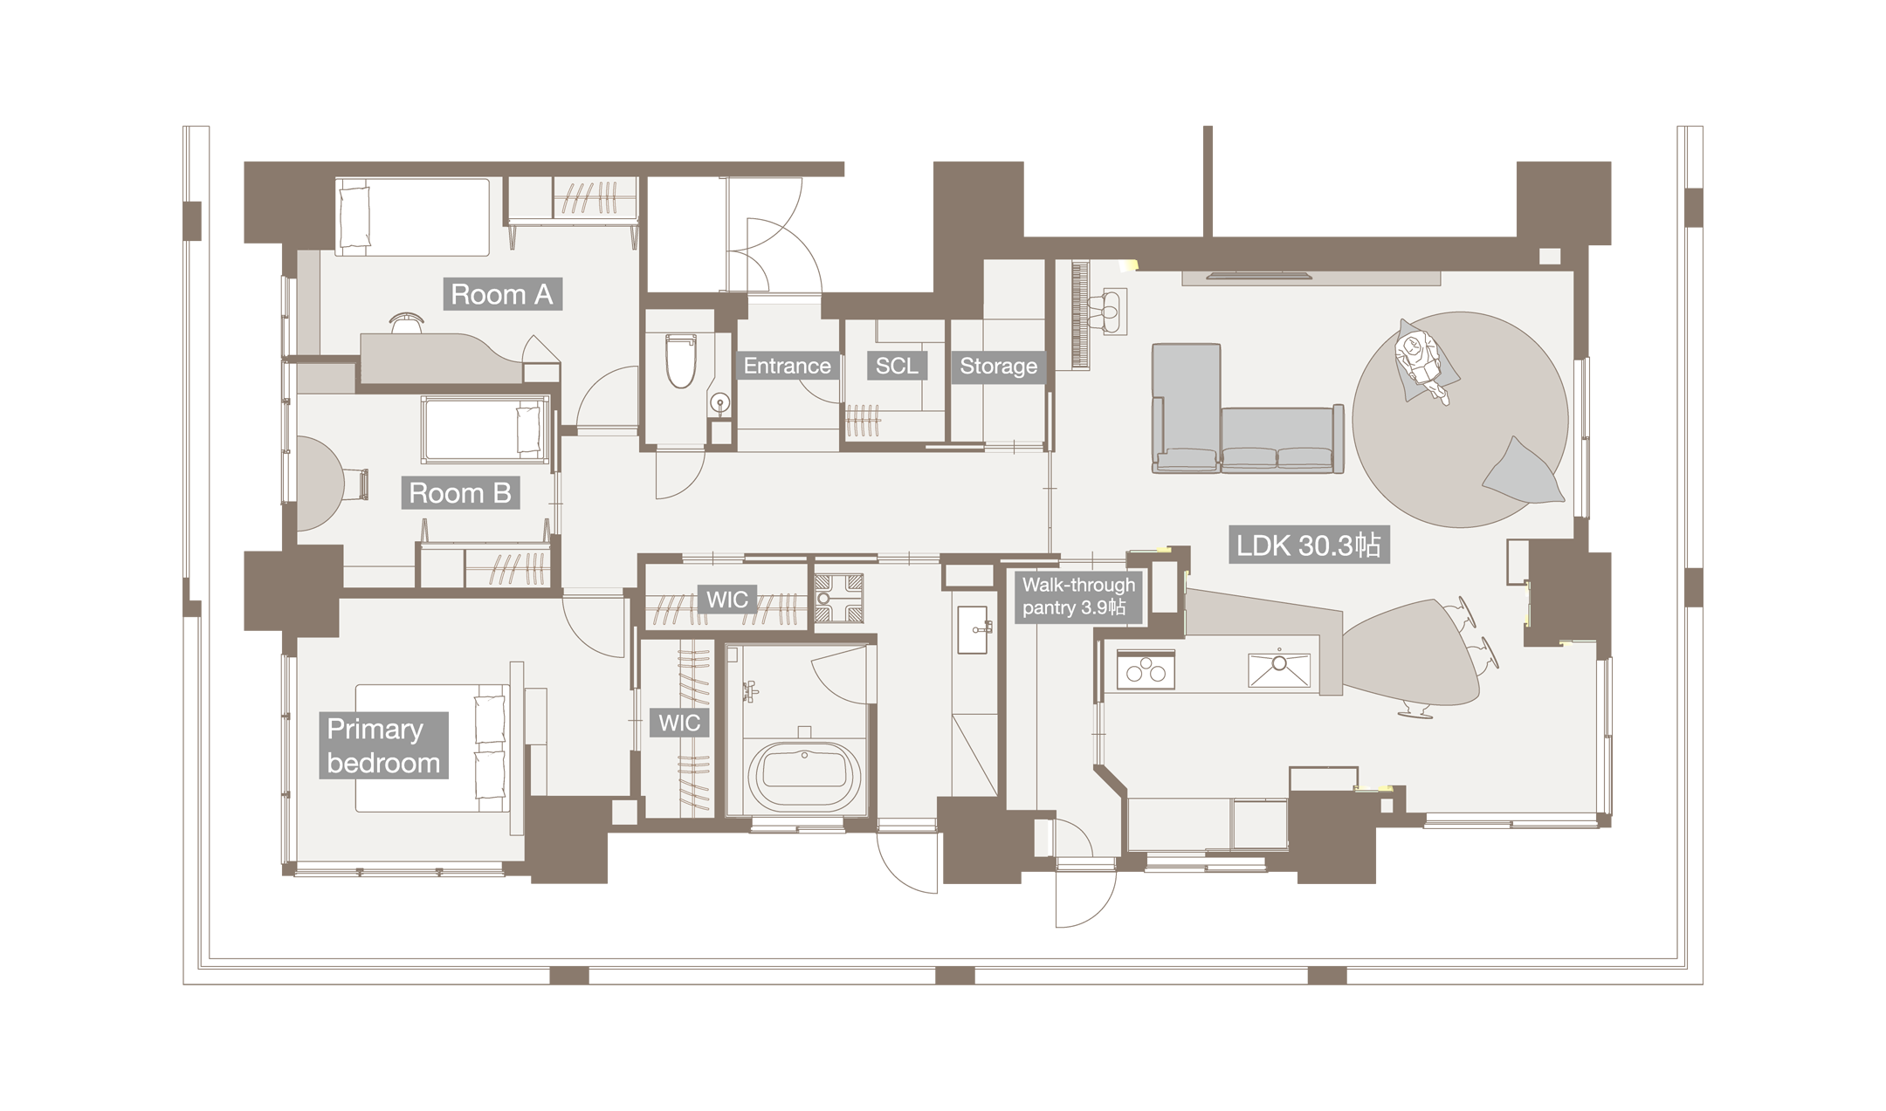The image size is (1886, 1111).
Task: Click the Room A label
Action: [502, 294]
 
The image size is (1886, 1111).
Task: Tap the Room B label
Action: [460, 493]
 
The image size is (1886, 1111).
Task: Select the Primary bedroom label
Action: [383, 745]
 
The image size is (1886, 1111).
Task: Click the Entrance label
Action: [787, 366]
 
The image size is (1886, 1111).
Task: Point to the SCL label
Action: [897, 366]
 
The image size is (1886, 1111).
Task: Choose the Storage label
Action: [998, 366]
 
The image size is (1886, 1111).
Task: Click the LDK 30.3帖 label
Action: [1308, 546]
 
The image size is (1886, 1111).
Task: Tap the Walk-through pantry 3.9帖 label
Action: [1079, 596]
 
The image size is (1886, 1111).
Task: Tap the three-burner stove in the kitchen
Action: [1146, 671]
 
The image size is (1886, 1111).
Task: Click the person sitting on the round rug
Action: [1421, 362]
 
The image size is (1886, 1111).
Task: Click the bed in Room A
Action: [413, 216]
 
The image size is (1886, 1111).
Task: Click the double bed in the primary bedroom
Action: [431, 748]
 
